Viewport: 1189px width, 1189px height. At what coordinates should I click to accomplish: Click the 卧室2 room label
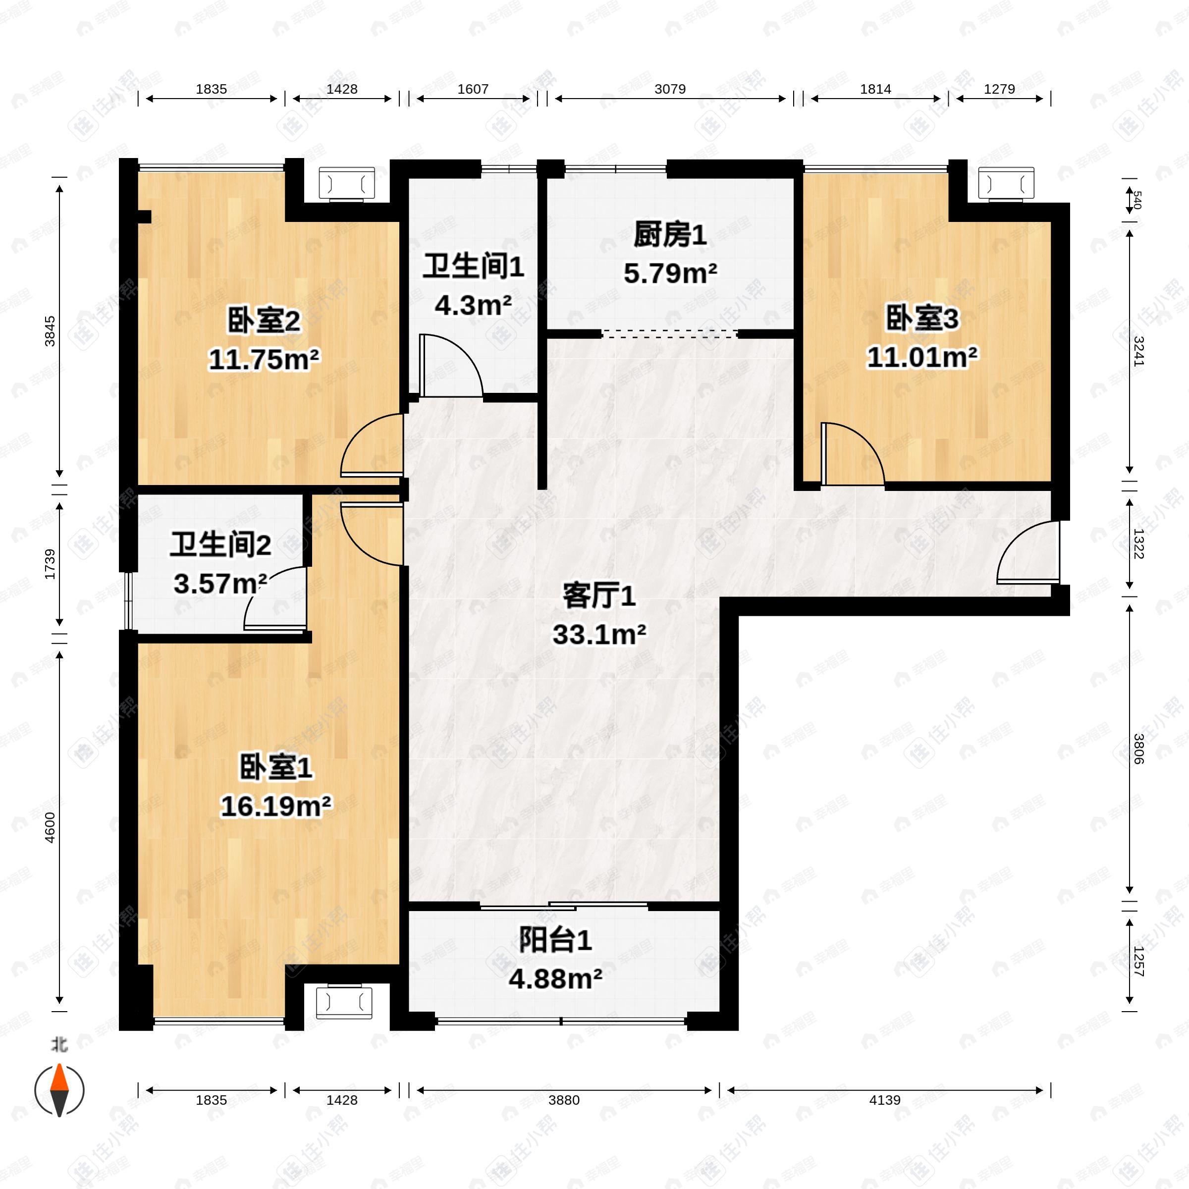(264, 321)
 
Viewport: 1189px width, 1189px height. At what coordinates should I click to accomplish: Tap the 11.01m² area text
(921, 357)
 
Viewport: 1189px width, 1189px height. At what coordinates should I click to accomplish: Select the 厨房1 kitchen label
(670, 235)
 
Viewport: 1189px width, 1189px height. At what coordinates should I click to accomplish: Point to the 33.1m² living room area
(599, 635)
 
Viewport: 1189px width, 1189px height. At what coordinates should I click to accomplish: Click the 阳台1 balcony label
(555, 940)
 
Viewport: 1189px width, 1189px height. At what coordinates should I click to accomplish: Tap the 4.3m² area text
(473, 305)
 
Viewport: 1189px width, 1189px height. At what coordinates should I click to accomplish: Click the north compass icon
(59, 1090)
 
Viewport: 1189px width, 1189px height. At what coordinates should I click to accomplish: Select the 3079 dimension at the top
(670, 89)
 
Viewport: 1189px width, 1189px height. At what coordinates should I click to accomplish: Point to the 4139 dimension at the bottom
(884, 1100)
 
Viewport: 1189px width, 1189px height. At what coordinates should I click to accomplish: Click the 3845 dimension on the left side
(50, 330)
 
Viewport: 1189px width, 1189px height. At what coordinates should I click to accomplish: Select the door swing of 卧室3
(852, 453)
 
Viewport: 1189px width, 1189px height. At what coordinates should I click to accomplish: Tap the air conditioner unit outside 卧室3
(1006, 183)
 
